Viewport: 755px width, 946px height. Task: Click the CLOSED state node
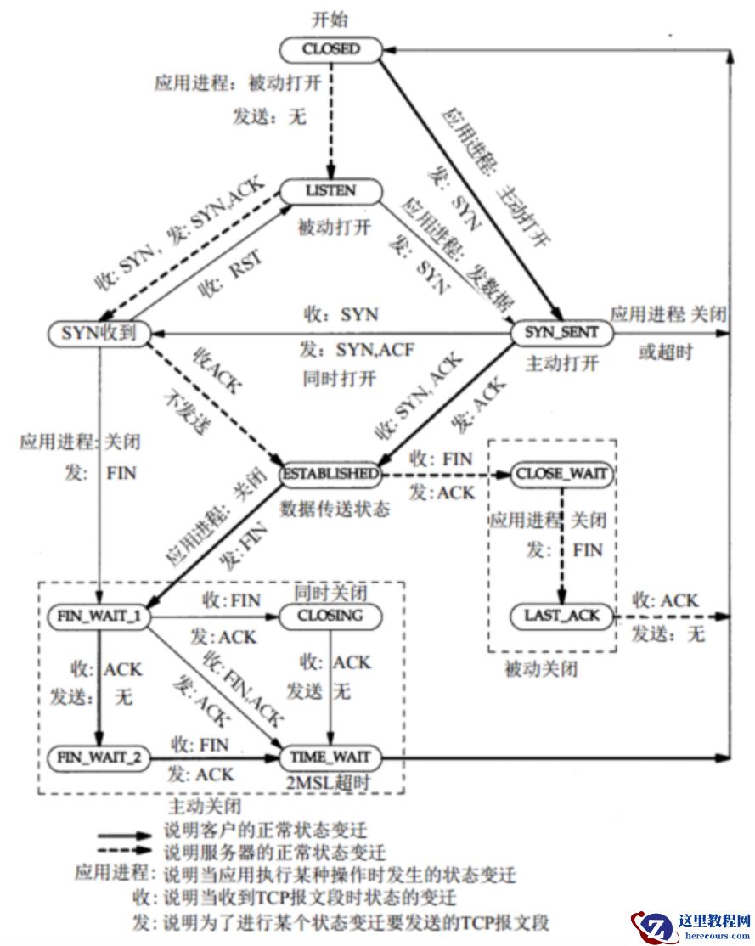(x=331, y=49)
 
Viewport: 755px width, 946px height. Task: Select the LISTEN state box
(x=330, y=192)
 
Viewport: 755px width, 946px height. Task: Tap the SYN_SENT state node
(x=561, y=334)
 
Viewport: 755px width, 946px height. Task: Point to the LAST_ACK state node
(x=561, y=617)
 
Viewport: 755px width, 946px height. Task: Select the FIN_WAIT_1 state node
(x=99, y=615)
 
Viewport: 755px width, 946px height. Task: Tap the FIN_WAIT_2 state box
(x=99, y=756)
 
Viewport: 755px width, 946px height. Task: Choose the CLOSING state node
(x=330, y=615)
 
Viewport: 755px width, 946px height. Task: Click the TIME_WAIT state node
(x=330, y=756)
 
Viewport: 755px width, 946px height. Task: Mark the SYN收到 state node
(x=99, y=332)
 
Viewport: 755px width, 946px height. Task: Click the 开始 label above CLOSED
(x=330, y=20)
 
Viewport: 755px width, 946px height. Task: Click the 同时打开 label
(x=339, y=377)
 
